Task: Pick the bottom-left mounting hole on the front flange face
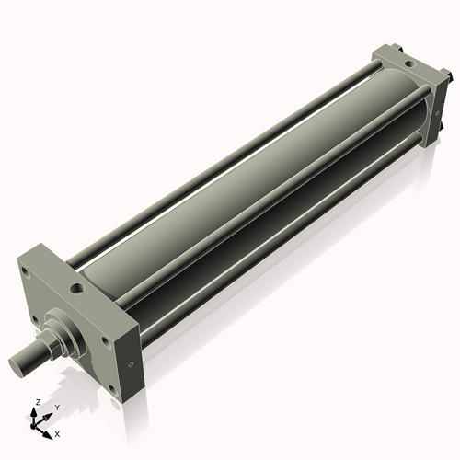coord(35,320)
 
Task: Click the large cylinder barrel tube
coord(248,202)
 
